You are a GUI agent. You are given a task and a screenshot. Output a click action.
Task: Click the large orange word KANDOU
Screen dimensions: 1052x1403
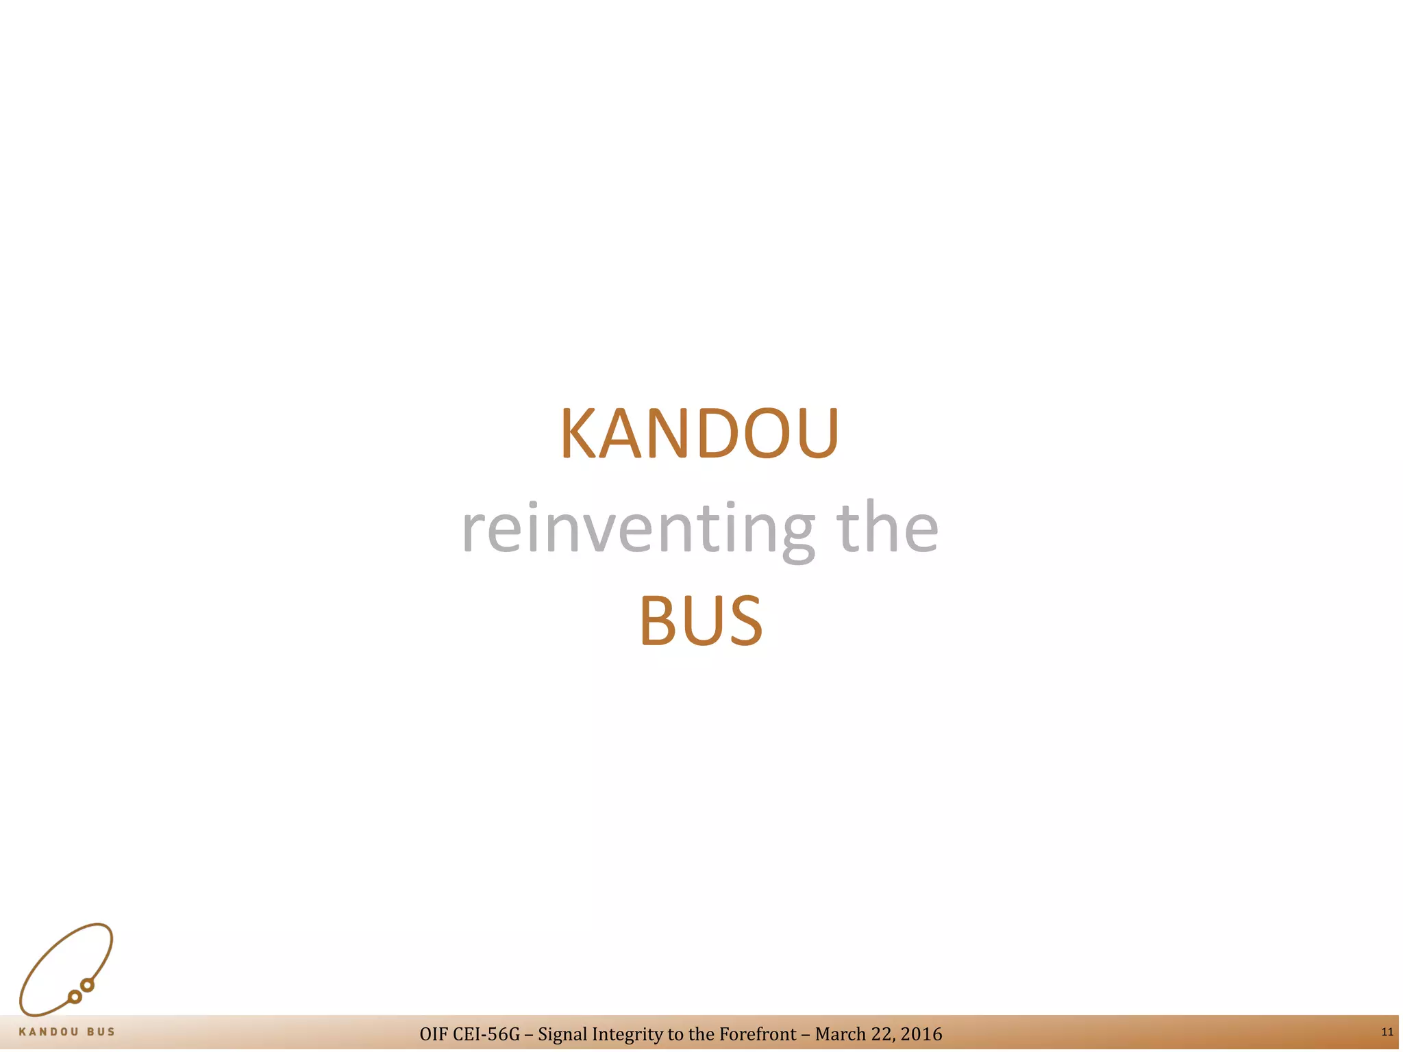(699, 434)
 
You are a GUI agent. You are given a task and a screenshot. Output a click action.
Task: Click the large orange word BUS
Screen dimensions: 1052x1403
(700, 621)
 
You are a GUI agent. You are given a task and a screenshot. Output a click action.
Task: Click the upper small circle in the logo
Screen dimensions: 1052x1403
(87, 986)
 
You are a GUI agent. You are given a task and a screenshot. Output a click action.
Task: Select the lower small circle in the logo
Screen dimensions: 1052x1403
(75, 997)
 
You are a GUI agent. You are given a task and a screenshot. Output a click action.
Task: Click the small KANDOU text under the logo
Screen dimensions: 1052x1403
(49, 1032)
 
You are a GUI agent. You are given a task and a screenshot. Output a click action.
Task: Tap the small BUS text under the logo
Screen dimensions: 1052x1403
(101, 1032)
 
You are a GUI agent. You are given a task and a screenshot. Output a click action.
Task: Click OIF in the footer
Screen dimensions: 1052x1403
(434, 1034)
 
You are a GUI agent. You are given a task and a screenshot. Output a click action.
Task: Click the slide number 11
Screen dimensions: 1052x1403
(1387, 1032)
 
